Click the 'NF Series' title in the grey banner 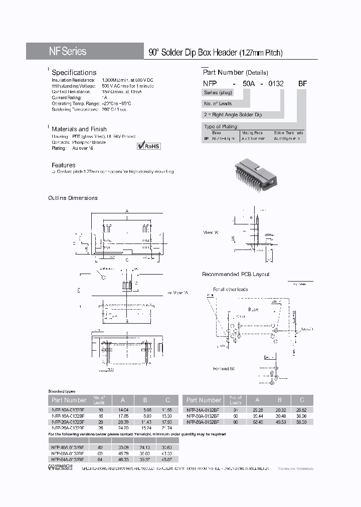pos(67,52)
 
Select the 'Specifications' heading pos(74,73)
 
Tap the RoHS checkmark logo pos(148,146)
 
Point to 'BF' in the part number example pos(302,84)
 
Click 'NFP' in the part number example pos(210,84)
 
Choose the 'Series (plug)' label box pos(218,93)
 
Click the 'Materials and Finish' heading pos(80,129)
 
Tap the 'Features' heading pos(64,165)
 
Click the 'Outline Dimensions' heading pos(73,198)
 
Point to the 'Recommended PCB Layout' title pos(235,274)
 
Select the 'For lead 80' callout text pos(224,369)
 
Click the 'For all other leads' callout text pos(231,289)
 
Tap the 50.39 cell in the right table pos(302,422)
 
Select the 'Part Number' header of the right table pos(204,400)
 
